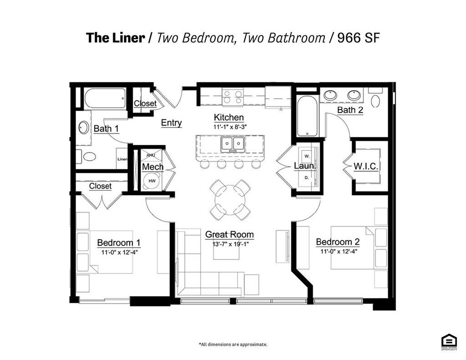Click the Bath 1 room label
point(106,129)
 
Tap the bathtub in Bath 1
point(105,98)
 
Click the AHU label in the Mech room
point(151,155)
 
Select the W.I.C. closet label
point(365,167)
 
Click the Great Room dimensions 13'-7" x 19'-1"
point(229,244)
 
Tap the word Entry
point(171,123)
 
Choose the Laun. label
point(304,166)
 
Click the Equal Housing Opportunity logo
point(449,342)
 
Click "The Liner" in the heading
point(115,37)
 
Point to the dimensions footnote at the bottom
point(233,345)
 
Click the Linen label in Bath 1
point(122,159)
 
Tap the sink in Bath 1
point(84,127)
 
